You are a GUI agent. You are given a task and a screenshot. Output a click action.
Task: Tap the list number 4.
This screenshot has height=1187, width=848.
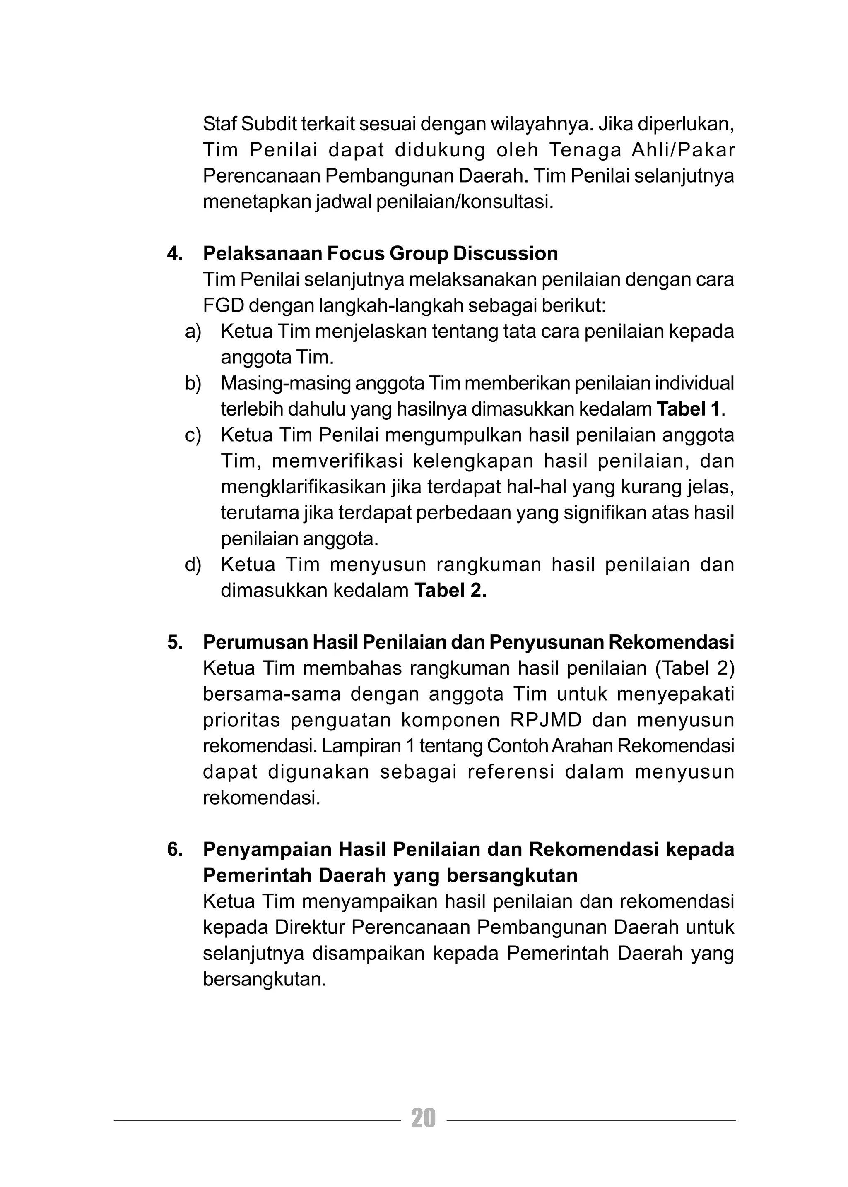[174, 254]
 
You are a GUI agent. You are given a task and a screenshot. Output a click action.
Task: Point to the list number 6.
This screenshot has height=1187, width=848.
[174, 850]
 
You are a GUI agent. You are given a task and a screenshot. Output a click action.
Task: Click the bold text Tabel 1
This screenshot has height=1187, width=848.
[688, 409]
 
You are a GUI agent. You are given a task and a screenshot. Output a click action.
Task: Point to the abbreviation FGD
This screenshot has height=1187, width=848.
[223, 306]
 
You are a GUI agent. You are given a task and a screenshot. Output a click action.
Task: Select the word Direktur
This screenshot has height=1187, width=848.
[310, 927]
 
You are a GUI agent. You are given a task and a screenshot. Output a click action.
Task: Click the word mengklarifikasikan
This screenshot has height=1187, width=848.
[302, 488]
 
